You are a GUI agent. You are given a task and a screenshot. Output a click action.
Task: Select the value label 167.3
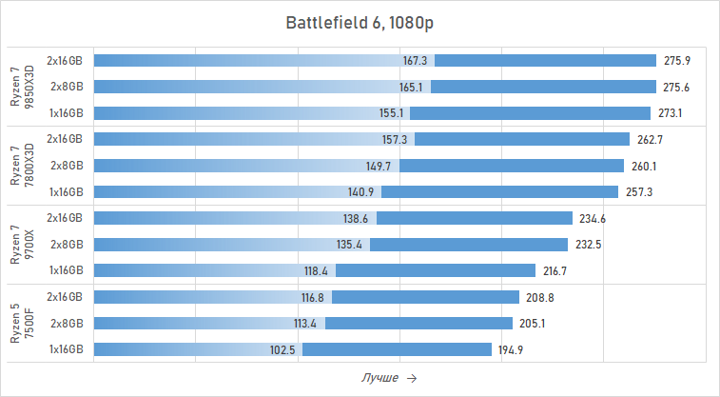click(x=416, y=61)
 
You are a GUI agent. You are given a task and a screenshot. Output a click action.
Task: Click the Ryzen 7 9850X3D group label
click(x=21, y=87)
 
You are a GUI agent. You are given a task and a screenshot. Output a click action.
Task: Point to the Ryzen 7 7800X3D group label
click(x=21, y=166)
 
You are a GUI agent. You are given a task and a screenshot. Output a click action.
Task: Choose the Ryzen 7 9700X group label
click(x=21, y=245)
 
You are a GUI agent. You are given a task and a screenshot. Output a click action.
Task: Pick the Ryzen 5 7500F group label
click(x=21, y=324)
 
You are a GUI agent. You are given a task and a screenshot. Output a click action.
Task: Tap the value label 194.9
click(x=511, y=350)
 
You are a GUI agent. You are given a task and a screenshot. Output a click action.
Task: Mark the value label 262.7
click(x=650, y=139)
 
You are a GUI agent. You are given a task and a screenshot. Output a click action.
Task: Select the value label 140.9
click(x=361, y=192)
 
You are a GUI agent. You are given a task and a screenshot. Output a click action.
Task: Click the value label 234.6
click(x=592, y=219)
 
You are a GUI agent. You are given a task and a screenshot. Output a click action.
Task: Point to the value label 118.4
click(x=317, y=271)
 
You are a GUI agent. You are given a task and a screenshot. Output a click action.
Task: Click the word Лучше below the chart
click(x=379, y=379)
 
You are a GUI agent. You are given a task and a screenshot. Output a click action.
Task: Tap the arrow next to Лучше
click(x=411, y=379)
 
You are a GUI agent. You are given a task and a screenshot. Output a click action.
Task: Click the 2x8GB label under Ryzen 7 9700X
click(x=67, y=245)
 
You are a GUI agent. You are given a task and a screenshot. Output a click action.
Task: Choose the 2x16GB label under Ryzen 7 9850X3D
click(x=65, y=61)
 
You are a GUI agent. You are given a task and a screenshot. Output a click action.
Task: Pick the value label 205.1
click(x=533, y=324)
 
